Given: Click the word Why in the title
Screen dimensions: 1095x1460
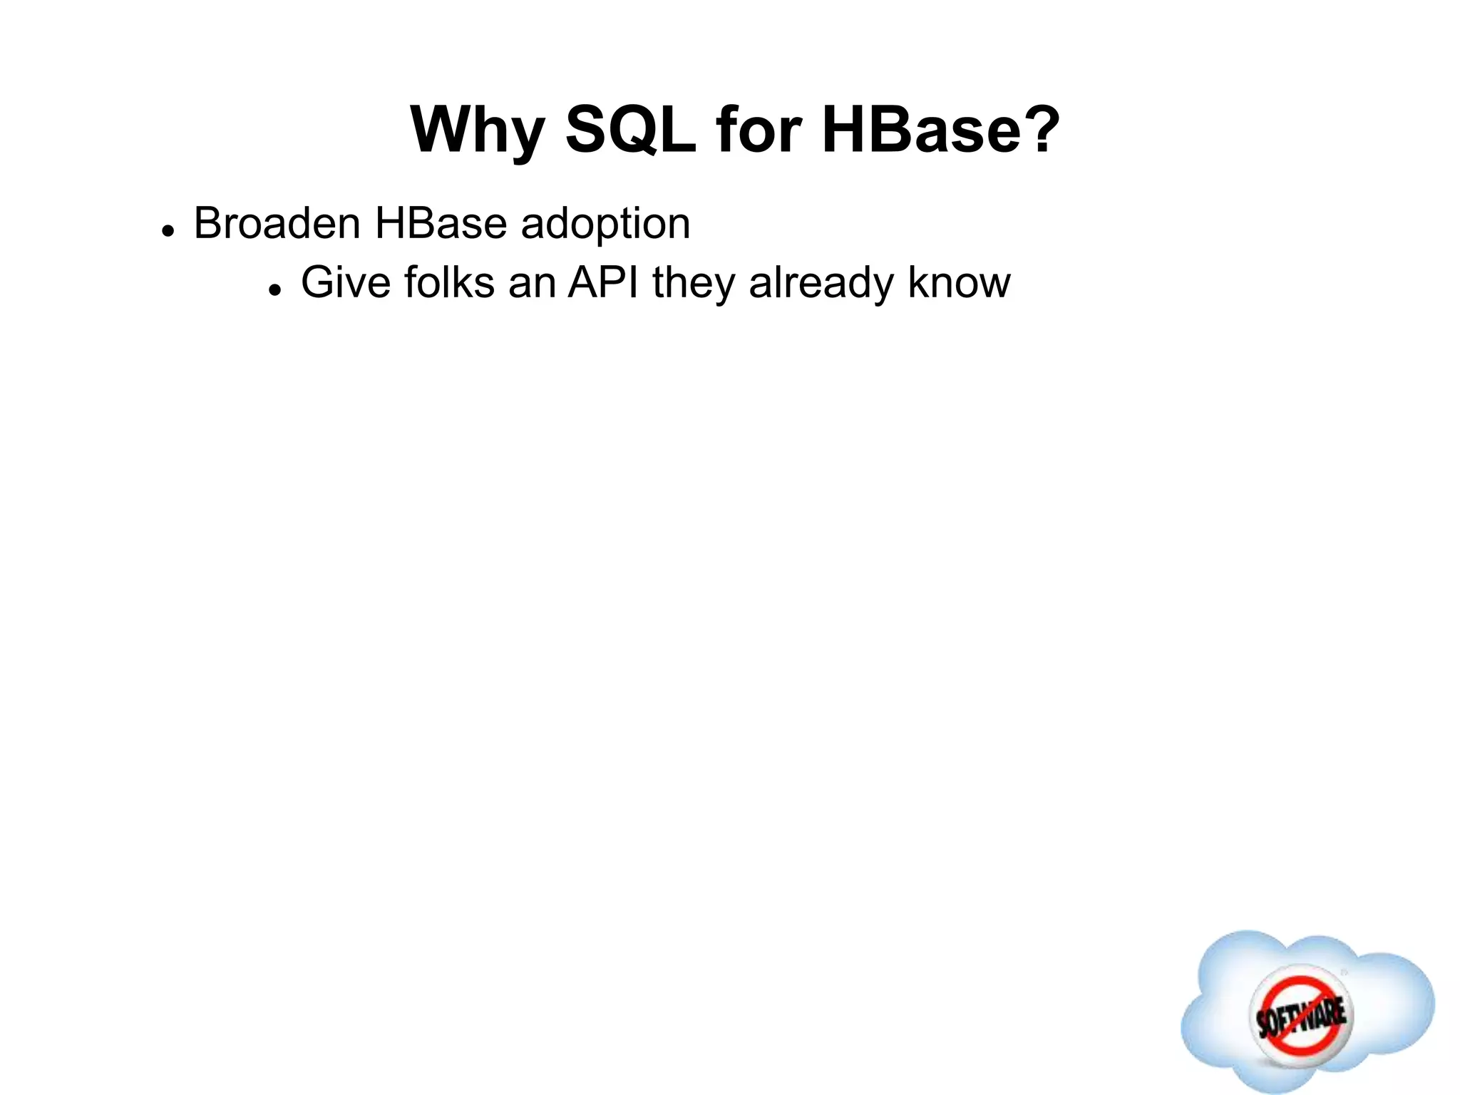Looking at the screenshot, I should point(478,130).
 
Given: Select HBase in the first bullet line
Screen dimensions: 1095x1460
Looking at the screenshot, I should point(441,223).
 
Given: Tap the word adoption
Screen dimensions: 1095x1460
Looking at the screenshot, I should point(605,225).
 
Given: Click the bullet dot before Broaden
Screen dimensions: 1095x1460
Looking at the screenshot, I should point(168,232).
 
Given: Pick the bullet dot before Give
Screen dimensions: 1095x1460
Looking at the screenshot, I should point(275,291).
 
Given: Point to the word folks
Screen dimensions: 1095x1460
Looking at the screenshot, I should point(449,282).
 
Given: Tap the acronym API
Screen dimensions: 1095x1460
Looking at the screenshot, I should point(603,282).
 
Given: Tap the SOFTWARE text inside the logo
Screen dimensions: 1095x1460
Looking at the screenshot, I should point(1300,1016).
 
